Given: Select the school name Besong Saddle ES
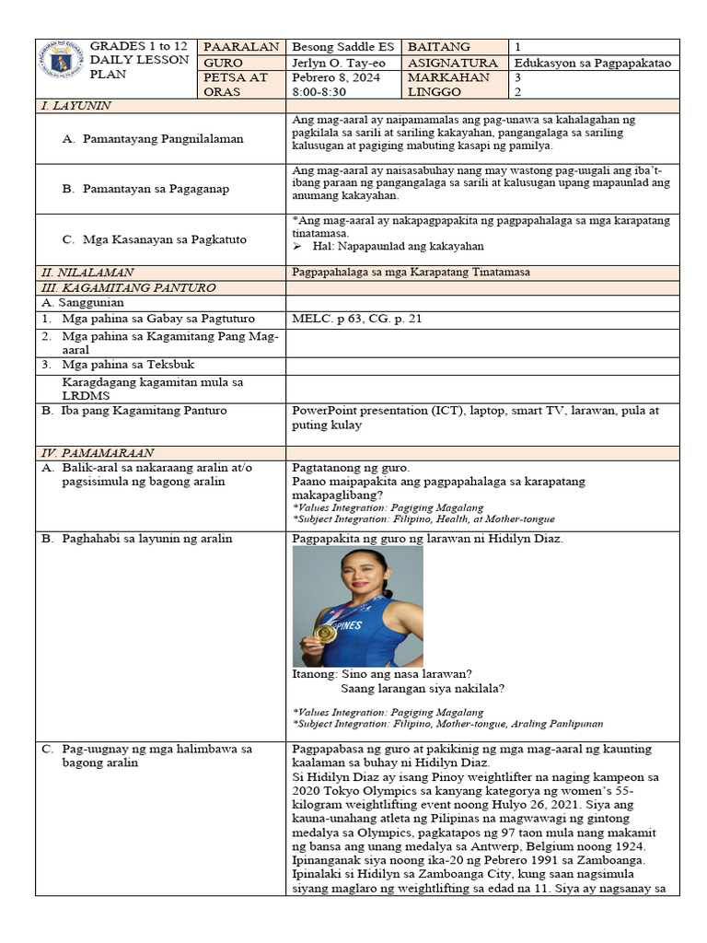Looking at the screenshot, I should tap(342, 47).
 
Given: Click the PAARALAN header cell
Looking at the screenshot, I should tap(241, 47).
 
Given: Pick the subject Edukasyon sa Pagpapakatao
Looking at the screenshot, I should tap(592, 63).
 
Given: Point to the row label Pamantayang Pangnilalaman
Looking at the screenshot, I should tap(153, 139).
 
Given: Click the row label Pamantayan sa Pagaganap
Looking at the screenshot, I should tap(145, 189).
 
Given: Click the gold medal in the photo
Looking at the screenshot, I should tap(324, 634).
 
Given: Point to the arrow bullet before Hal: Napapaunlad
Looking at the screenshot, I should tap(297, 247).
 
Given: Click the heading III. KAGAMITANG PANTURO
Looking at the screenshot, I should tap(127, 287).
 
